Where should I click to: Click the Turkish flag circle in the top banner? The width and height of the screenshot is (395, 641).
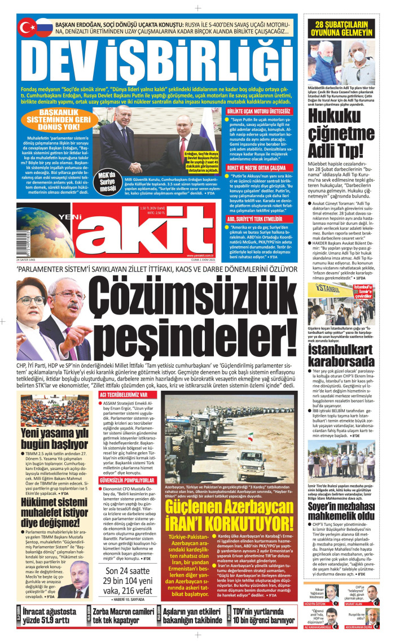[27, 27]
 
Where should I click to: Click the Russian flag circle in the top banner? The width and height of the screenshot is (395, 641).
[43, 27]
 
